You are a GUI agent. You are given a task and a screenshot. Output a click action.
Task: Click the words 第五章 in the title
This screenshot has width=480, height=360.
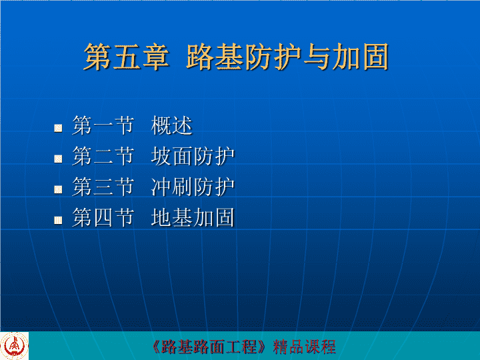click(127, 57)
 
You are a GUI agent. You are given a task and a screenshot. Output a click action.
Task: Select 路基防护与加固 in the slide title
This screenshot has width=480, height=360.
click(287, 57)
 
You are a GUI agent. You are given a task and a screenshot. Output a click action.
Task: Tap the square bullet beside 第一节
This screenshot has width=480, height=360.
click(58, 128)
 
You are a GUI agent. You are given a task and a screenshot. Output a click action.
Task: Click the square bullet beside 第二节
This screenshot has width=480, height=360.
click(58, 159)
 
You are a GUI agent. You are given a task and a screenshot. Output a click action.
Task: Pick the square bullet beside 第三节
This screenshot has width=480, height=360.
click(58, 189)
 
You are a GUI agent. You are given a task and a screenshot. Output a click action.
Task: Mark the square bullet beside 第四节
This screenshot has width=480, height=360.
click(58, 220)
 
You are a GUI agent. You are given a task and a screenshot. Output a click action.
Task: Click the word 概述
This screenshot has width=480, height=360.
click(171, 125)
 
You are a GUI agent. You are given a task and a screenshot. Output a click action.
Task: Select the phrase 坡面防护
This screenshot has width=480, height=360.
click(193, 156)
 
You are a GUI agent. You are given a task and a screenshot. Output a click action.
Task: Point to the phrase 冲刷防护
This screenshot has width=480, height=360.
click(193, 187)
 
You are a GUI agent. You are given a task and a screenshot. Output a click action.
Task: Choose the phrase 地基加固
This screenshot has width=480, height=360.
click(193, 217)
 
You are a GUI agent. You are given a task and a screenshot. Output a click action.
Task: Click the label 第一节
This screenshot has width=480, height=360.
click(103, 125)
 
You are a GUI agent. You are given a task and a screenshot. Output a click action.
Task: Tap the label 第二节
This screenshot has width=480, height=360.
click(103, 156)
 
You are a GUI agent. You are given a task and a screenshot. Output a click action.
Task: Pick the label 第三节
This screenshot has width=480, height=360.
click(103, 187)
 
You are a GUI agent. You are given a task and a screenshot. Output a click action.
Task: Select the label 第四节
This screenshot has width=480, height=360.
click(103, 217)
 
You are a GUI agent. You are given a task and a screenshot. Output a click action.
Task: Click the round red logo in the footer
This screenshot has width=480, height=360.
click(14, 346)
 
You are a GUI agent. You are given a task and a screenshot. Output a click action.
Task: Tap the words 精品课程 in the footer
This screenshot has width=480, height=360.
click(304, 347)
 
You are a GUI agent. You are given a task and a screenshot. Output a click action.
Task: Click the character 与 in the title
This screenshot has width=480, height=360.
click(317, 57)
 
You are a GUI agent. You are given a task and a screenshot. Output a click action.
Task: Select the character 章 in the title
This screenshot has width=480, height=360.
click(155, 57)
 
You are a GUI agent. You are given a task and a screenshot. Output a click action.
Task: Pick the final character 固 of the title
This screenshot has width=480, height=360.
click(375, 57)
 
